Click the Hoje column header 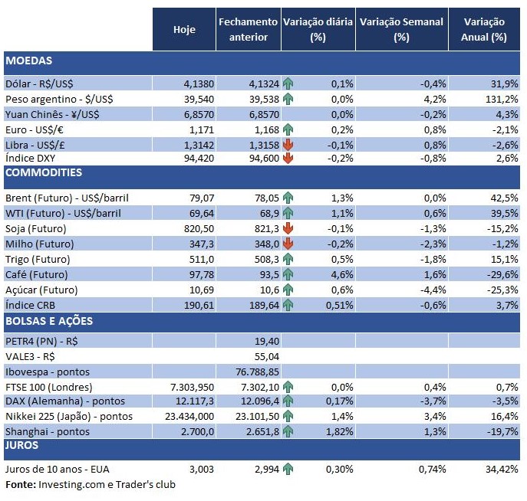point(184,29)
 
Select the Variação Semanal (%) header point(401,29)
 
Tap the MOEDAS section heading point(29,60)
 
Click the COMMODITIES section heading point(44,173)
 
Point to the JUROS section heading point(22,444)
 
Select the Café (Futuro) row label point(36,274)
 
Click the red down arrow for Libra point(288,143)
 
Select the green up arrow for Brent point(288,198)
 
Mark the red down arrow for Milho point(288,244)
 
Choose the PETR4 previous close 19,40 point(265,340)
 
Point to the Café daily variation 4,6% point(341,274)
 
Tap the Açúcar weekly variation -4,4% point(427,289)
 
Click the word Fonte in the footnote point(19,484)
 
